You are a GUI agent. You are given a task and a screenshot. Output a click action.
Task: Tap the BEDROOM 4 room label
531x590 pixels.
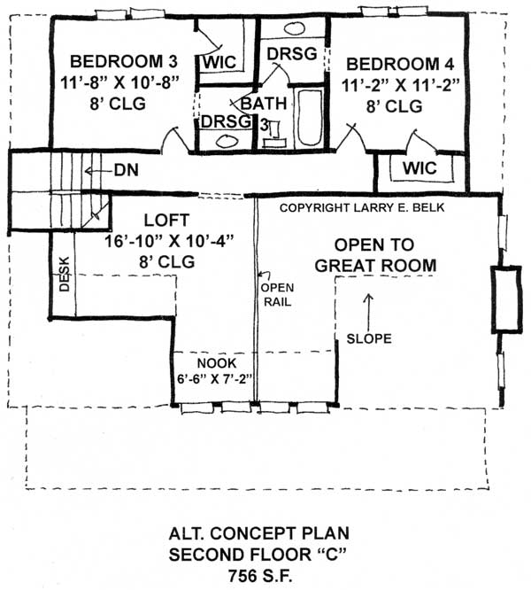[393, 65]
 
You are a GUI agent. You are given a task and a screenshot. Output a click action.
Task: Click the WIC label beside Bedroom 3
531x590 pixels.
[218, 63]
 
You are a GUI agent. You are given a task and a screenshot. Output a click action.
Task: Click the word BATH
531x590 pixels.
[264, 104]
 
